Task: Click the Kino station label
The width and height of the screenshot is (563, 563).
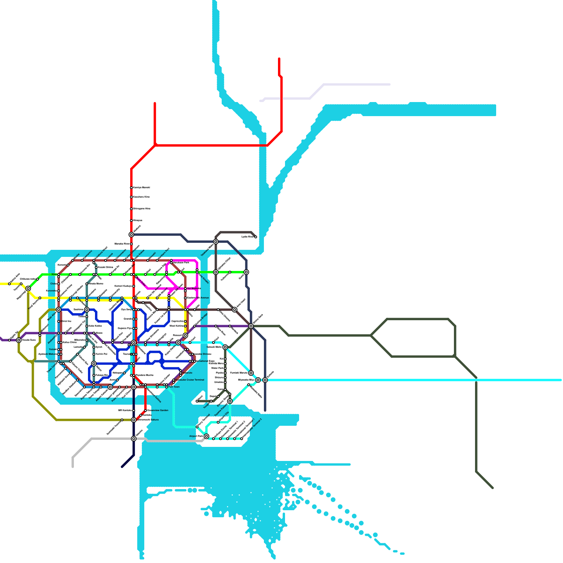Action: [54, 274]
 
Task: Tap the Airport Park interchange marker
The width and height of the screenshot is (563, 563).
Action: [207, 436]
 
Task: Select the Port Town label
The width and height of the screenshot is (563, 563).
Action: [174, 387]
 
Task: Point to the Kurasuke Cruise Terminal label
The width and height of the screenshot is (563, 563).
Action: [190, 380]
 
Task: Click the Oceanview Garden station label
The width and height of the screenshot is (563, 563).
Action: [158, 410]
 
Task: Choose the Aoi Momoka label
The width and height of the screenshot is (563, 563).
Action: [194, 288]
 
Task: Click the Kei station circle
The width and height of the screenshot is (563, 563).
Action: [225, 359]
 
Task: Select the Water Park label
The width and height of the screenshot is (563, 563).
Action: [217, 368]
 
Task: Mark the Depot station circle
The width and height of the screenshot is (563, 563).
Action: [218, 397]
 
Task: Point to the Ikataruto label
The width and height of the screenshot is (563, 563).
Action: [187, 373]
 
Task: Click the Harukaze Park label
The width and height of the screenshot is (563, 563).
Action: [181, 262]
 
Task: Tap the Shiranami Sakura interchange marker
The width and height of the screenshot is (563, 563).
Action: [134, 420]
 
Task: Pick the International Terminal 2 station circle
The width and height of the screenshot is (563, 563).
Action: [242, 439]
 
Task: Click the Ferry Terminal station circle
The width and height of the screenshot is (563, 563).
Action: [197, 427]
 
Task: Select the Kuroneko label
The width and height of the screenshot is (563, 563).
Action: [51, 291]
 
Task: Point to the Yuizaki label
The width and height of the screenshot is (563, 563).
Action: [53, 349]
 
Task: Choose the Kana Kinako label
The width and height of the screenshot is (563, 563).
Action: [203, 278]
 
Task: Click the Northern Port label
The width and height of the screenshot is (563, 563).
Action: [164, 254]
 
